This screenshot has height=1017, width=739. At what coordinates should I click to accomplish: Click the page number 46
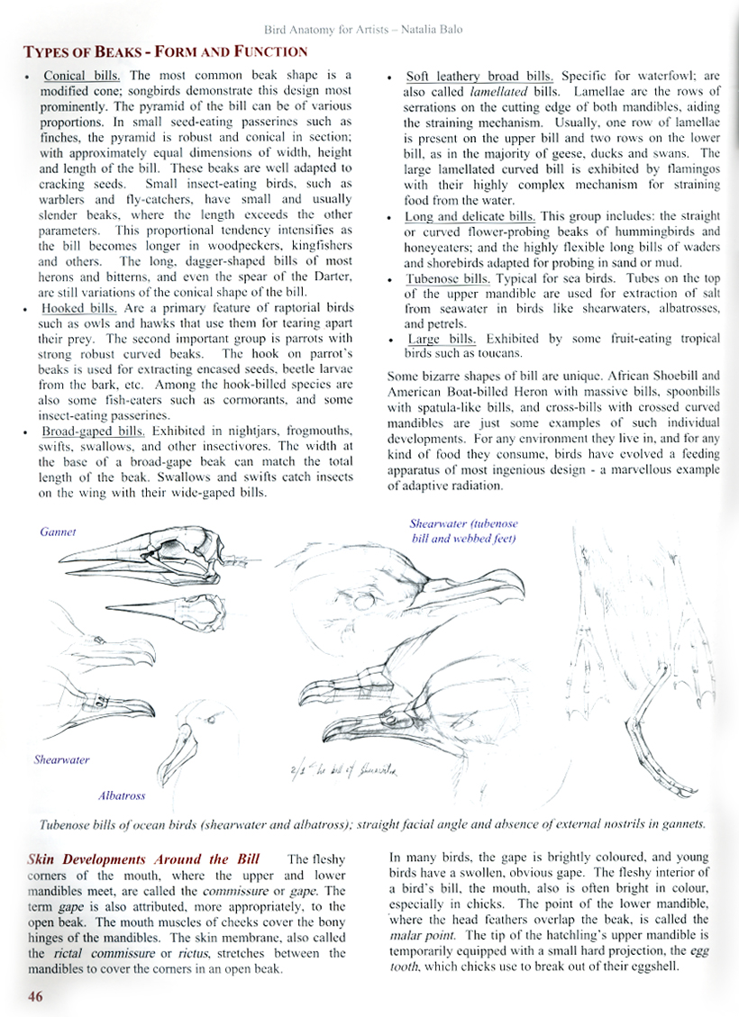36,996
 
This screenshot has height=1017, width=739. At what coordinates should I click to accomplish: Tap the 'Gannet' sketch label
58,532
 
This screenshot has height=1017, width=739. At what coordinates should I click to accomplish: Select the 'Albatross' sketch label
122,795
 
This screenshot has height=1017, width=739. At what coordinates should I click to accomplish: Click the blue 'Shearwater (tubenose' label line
464,523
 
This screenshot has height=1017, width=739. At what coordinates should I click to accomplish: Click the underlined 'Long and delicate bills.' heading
470,216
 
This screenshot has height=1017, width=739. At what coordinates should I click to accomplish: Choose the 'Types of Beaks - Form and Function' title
164,51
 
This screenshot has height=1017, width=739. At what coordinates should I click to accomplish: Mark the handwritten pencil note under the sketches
342,771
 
